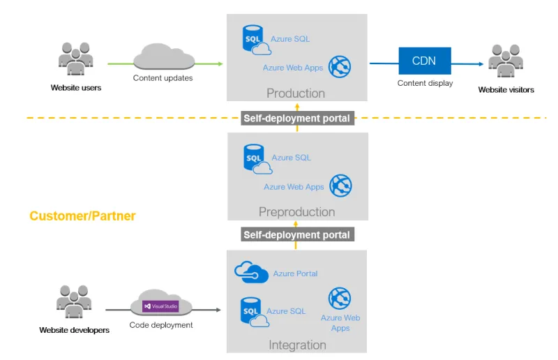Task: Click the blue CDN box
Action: tap(425, 61)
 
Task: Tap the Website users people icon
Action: tap(76, 59)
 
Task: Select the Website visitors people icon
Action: tap(506, 61)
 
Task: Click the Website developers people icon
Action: tap(74, 301)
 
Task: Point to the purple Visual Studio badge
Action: tap(160, 306)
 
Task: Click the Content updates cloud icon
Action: tap(164, 57)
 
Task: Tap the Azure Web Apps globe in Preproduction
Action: tap(340, 186)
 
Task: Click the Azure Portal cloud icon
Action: tap(251, 272)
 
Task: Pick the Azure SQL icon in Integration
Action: tap(255, 313)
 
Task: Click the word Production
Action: tap(296, 93)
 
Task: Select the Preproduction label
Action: tap(297, 212)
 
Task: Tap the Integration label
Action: tap(297, 345)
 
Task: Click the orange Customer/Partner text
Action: tap(82, 216)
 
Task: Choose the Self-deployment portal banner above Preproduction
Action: tap(298, 118)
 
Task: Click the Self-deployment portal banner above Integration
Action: tap(298, 234)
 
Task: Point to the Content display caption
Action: tap(425, 83)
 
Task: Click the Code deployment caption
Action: tap(161, 325)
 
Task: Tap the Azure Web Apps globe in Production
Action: tap(340, 66)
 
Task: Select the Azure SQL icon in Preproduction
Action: tap(257, 159)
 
